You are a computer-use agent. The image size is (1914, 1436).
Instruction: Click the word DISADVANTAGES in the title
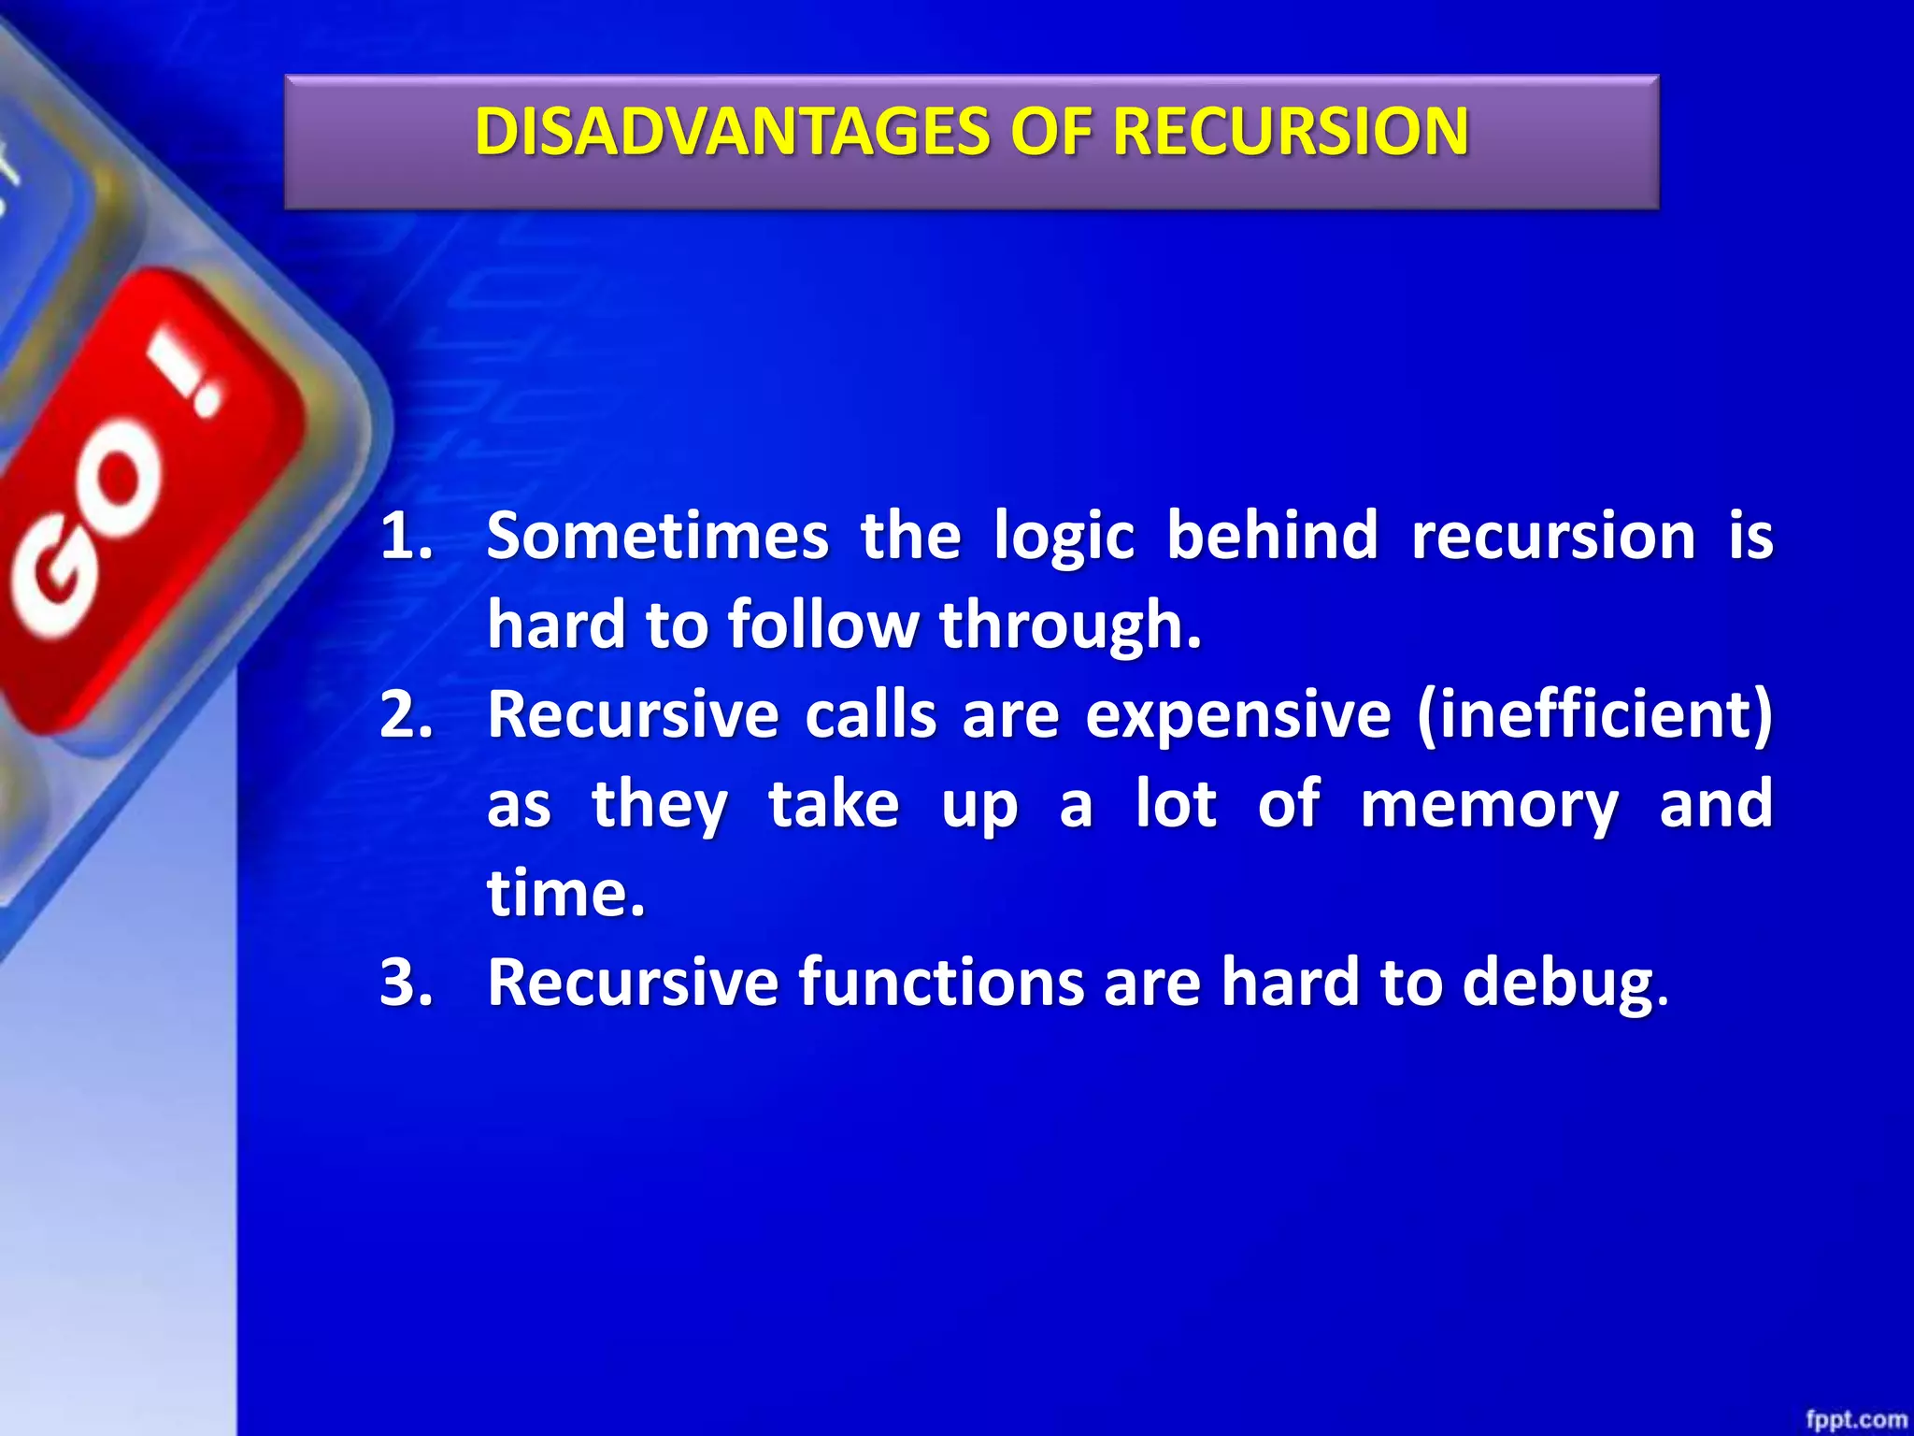[731, 131]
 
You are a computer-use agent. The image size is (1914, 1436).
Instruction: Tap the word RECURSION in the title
[1291, 131]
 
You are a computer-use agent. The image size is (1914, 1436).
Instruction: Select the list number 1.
[407, 537]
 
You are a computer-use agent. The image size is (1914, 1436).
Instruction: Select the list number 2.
[407, 715]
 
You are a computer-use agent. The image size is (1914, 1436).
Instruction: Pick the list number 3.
[407, 983]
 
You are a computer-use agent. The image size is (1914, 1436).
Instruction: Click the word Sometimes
[658, 537]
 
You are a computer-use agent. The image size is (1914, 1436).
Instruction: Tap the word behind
[1272, 537]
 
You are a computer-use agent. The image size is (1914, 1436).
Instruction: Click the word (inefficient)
[1594, 715]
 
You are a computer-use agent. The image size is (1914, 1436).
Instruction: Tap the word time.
[564, 894]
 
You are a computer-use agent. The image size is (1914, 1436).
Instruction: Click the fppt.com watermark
[1855, 1418]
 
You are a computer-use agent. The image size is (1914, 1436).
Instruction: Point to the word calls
[870, 715]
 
